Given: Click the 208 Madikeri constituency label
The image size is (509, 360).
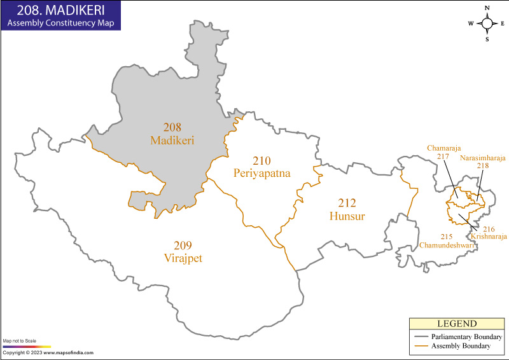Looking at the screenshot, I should click(x=172, y=133).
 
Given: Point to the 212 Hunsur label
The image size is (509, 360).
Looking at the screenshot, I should click(x=347, y=209).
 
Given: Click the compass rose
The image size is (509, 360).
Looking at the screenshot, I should click(x=487, y=24).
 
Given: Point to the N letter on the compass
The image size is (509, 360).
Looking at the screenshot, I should click(x=487, y=8).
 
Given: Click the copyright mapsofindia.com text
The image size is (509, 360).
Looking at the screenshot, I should click(x=48, y=352).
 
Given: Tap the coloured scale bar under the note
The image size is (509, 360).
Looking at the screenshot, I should click(x=27, y=347).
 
